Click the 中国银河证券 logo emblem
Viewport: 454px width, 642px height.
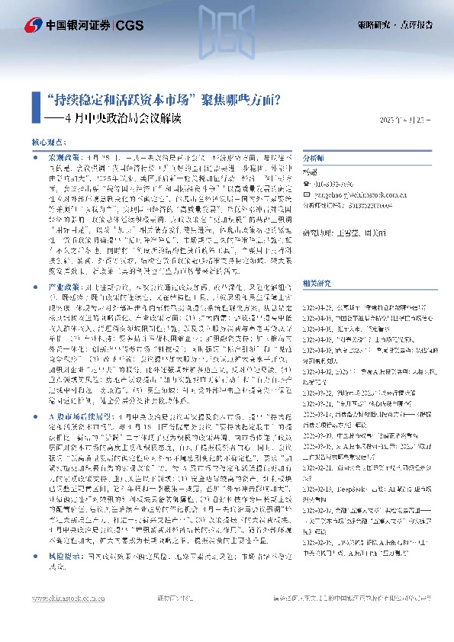[32, 25]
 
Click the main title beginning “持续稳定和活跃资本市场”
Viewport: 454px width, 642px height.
[159, 99]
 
